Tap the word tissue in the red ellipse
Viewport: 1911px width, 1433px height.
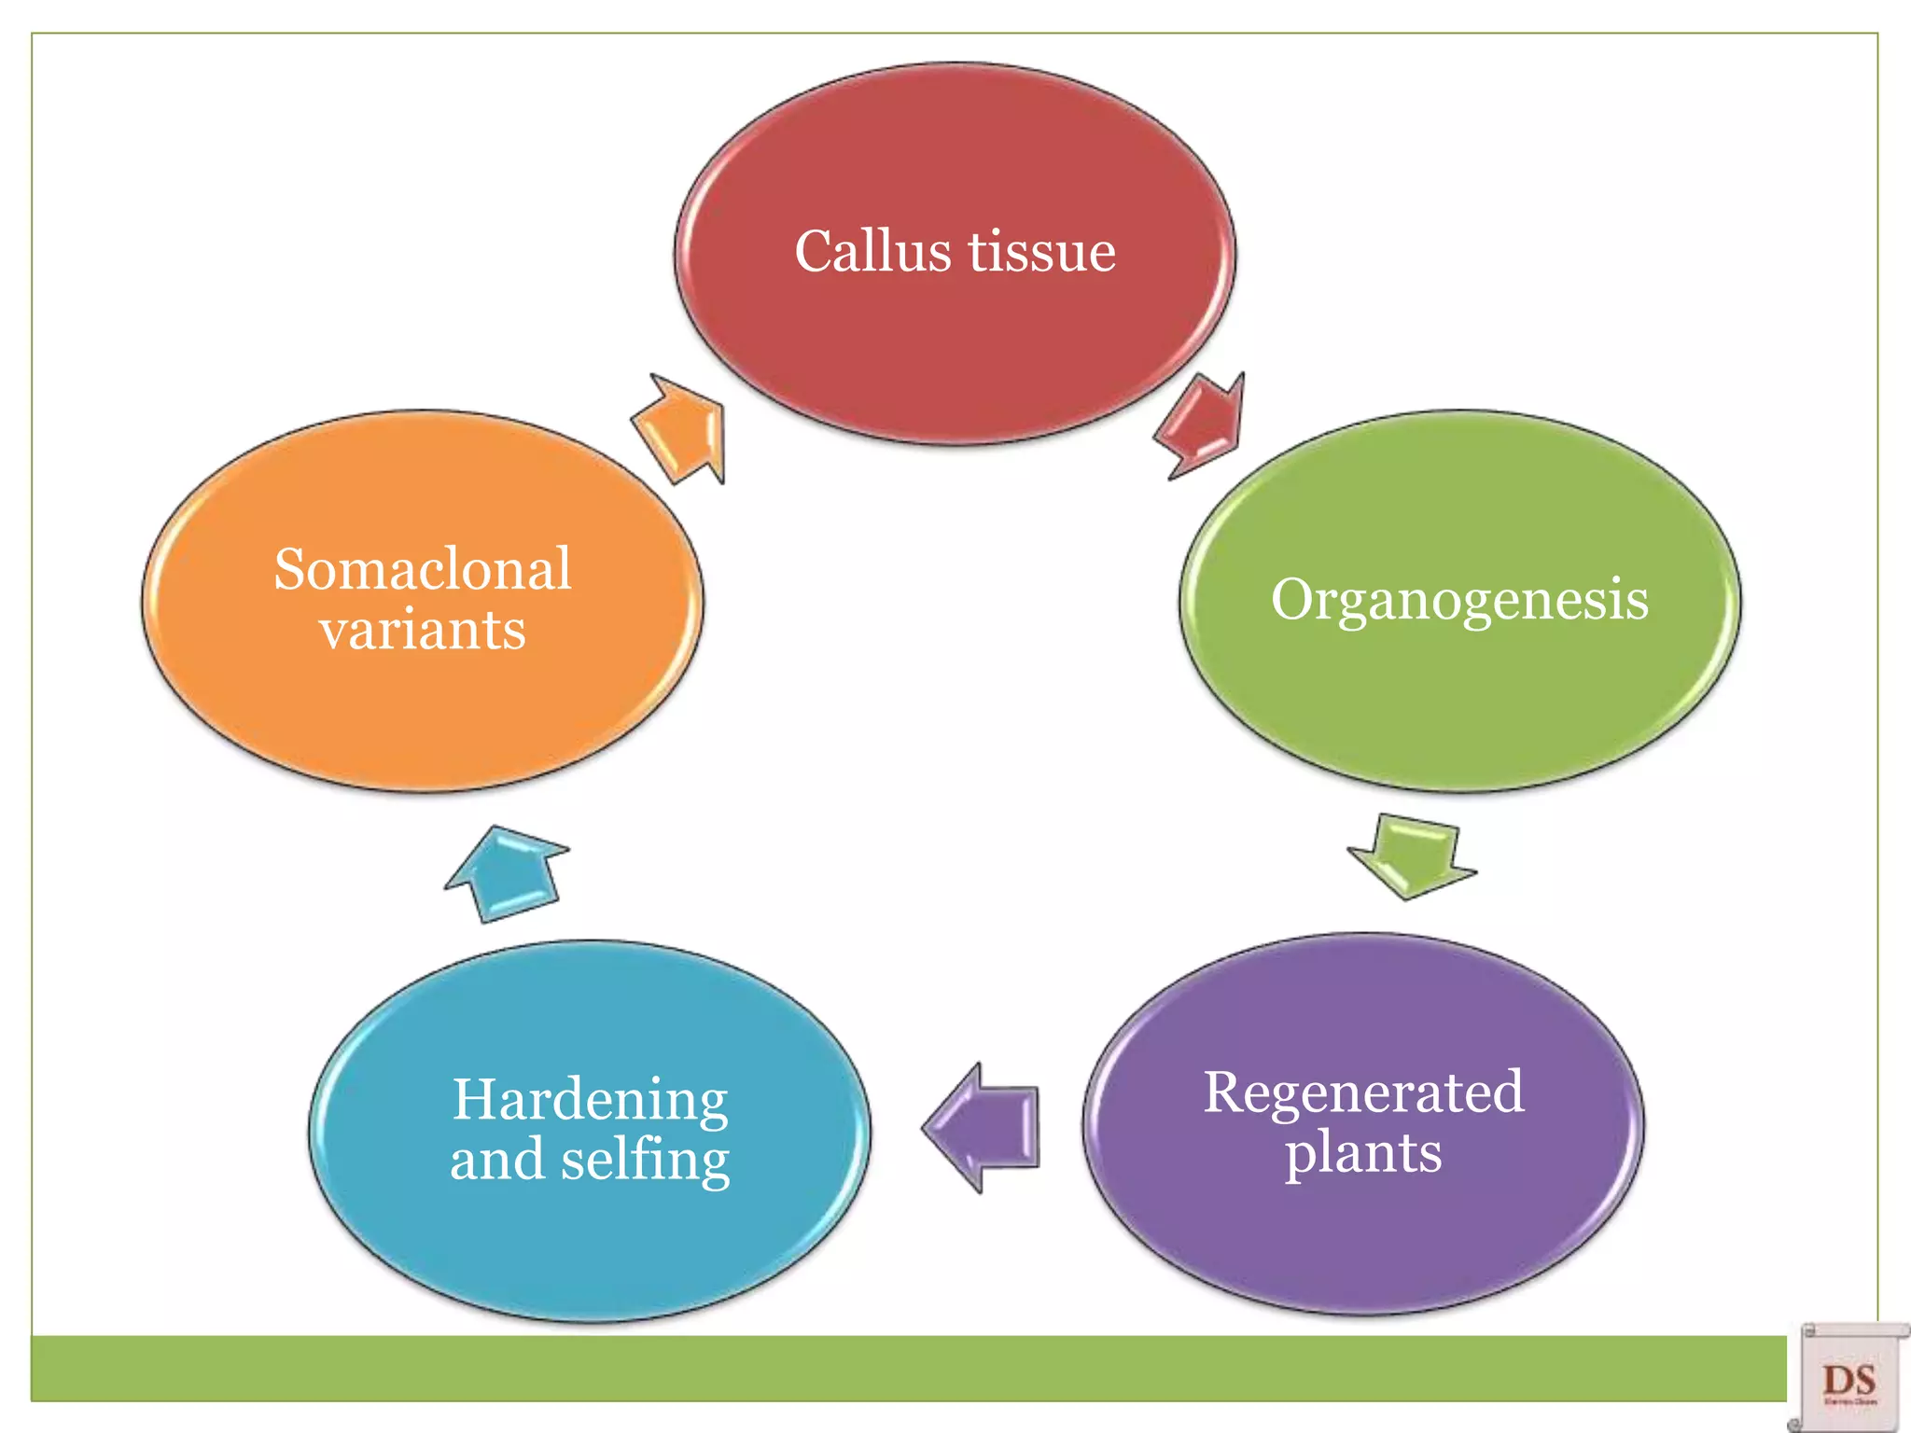tap(1041, 252)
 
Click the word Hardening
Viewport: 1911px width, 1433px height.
tap(590, 1099)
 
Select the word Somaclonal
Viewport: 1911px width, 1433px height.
tap(422, 569)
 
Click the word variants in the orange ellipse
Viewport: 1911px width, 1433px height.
tap(422, 630)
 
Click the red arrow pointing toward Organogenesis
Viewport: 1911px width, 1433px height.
tap(1202, 425)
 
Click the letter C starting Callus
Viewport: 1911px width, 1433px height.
tap(815, 252)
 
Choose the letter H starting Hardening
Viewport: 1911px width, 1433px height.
tap(475, 1099)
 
